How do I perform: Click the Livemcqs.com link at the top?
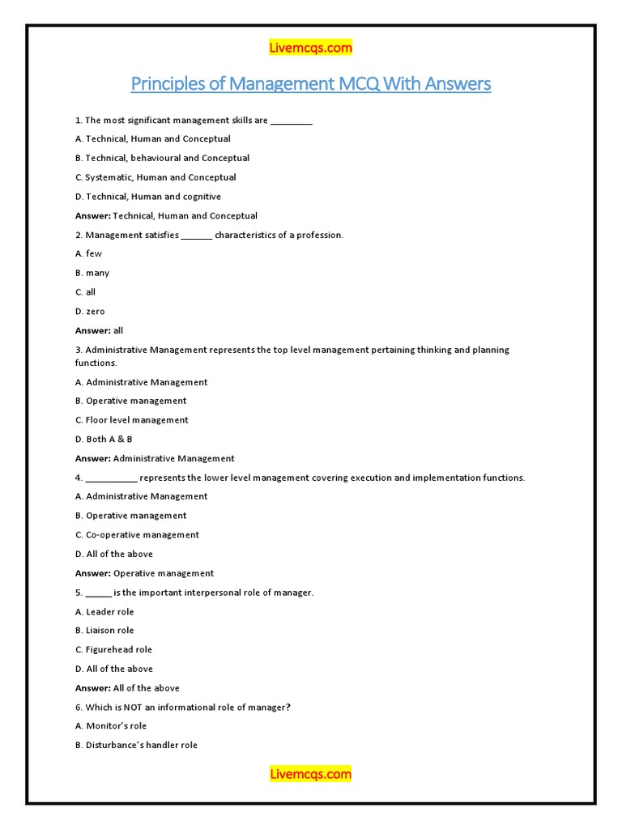coord(310,48)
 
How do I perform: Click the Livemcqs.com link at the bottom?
coord(310,774)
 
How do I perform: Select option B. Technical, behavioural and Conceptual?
coord(162,158)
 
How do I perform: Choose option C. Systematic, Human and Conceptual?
coord(155,177)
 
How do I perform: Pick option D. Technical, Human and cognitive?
coord(147,197)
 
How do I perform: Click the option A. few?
coord(88,253)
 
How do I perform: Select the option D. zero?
coord(90,312)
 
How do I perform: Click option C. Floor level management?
coord(131,420)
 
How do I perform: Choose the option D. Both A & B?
coord(104,439)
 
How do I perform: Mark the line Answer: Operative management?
coord(144,573)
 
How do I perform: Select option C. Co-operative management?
coord(137,534)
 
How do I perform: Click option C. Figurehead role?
coord(113,649)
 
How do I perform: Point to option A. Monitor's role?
coord(111,726)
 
